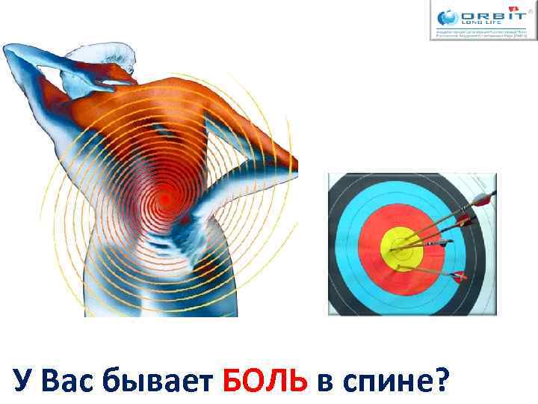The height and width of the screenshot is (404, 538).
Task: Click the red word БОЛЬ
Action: (x=265, y=382)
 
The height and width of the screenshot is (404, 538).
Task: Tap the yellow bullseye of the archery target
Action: (x=401, y=246)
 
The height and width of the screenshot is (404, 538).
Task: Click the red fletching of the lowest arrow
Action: (x=459, y=275)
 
